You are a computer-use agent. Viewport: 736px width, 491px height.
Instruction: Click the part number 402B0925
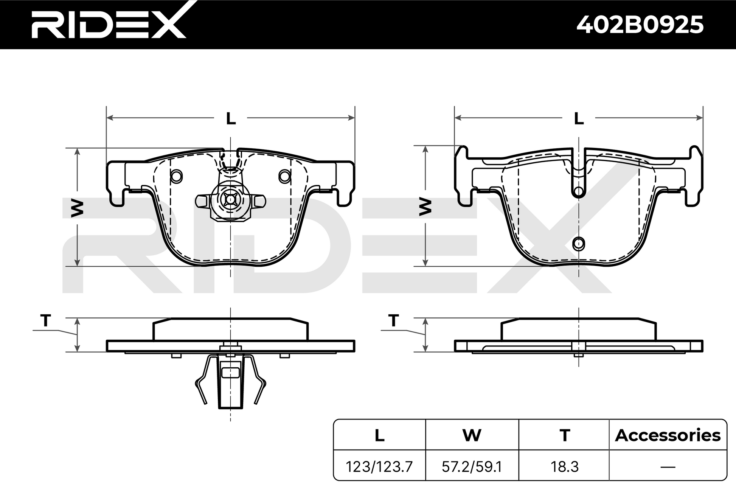[640, 25]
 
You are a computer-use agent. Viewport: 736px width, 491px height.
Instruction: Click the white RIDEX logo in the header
[109, 23]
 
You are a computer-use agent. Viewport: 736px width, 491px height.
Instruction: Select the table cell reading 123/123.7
[379, 467]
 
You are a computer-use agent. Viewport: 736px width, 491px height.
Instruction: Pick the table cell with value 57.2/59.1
[472, 467]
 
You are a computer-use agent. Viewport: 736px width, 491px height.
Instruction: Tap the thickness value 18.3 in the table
[565, 467]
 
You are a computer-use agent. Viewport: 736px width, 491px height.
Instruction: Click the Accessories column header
[668, 435]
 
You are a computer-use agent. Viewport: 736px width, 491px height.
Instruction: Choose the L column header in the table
[379, 435]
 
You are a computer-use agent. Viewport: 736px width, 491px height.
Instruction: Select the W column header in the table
[472, 435]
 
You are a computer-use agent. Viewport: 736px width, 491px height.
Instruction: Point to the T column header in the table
[565, 435]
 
